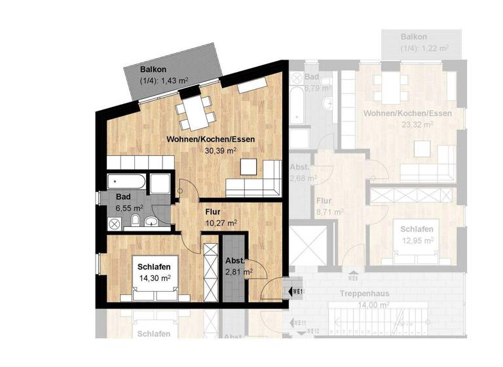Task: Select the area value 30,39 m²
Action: (x=219, y=150)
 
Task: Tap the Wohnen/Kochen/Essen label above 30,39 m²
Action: (x=210, y=139)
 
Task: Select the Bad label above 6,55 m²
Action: (x=122, y=197)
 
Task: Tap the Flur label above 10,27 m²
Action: (x=212, y=212)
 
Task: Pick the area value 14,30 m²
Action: (x=155, y=278)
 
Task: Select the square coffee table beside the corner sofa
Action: (x=250, y=168)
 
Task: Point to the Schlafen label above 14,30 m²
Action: (x=155, y=267)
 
